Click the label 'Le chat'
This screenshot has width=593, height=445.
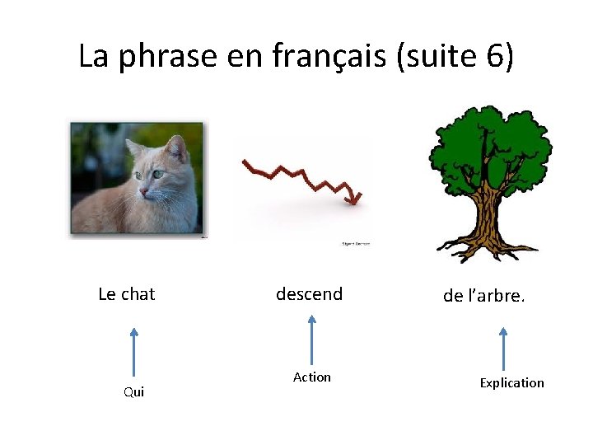(127, 294)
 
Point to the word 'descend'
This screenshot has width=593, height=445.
(309, 294)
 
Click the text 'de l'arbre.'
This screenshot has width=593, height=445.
(483, 296)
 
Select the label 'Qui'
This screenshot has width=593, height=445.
(133, 392)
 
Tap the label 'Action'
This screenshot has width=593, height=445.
(312, 377)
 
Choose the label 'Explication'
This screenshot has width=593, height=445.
(511, 383)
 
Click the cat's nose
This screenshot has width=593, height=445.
(145, 191)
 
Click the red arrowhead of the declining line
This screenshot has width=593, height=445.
(353, 198)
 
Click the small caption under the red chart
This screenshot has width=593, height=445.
(356, 244)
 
